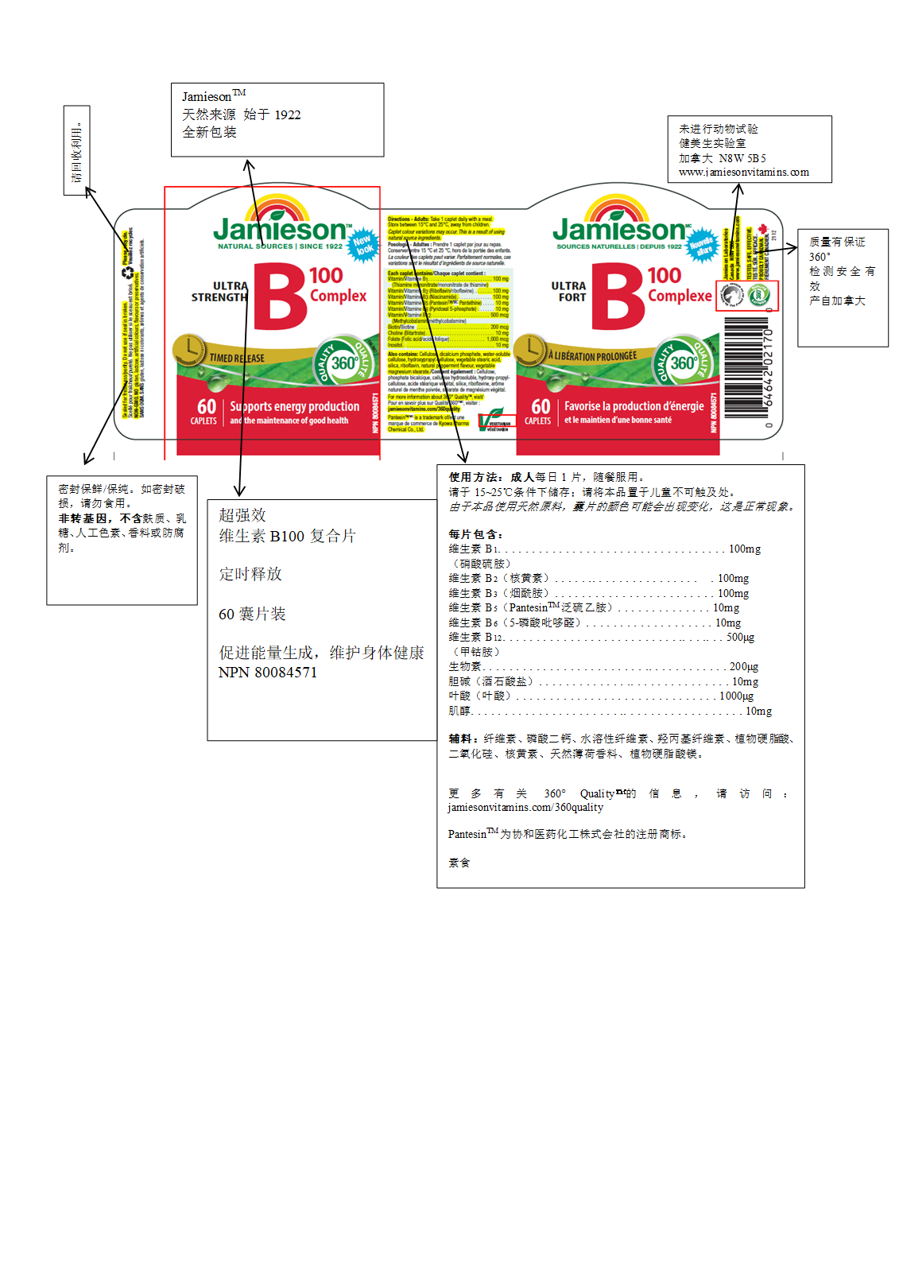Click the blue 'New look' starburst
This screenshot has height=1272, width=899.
click(363, 245)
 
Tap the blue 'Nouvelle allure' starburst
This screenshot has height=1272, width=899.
click(702, 245)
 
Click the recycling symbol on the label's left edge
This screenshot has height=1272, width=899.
click(127, 273)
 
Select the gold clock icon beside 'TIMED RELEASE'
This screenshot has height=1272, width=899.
click(189, 349)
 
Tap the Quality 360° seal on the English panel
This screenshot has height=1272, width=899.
click(343, 363)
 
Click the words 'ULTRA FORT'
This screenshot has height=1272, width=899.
click(568, 292)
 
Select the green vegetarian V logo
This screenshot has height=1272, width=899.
click(495, 418)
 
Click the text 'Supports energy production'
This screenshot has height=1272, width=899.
click(294, 406)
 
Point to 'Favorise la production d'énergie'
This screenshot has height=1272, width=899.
click(634, 406)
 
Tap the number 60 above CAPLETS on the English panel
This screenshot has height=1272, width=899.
click(206, 406)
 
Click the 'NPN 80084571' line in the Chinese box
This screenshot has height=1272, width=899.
click(268, 673)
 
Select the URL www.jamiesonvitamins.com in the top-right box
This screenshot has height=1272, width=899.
click(743, 172)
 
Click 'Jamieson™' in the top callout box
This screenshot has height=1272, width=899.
click(213, 96)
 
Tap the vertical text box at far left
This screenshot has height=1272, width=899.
click(76, 151)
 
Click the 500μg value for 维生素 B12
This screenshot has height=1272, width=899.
click(740, 637)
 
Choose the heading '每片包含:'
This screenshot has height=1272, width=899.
click(475, 534)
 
